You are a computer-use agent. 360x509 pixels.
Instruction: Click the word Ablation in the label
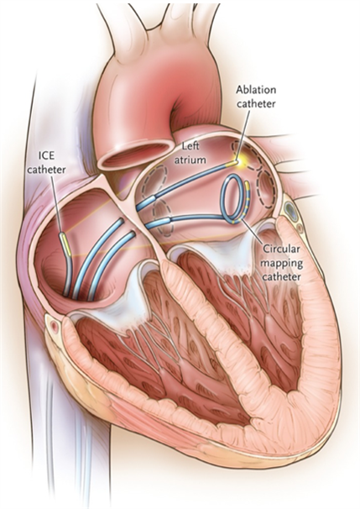(x=256, y=90)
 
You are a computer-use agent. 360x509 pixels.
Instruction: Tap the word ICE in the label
(x=46, y=155)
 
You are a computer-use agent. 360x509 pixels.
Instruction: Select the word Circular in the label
(x=282, y=249)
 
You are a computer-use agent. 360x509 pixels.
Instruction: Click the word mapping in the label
(x=282, y=263)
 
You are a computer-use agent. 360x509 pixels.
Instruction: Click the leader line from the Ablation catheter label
(x=243, y=134)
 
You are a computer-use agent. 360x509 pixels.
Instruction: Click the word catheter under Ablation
(x=256, y=103)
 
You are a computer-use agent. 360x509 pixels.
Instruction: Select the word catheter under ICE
(x=46, y=169)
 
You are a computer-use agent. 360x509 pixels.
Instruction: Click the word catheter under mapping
(x=282, y=277)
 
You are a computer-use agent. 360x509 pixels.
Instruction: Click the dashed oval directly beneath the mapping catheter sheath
(x=165, y=217)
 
